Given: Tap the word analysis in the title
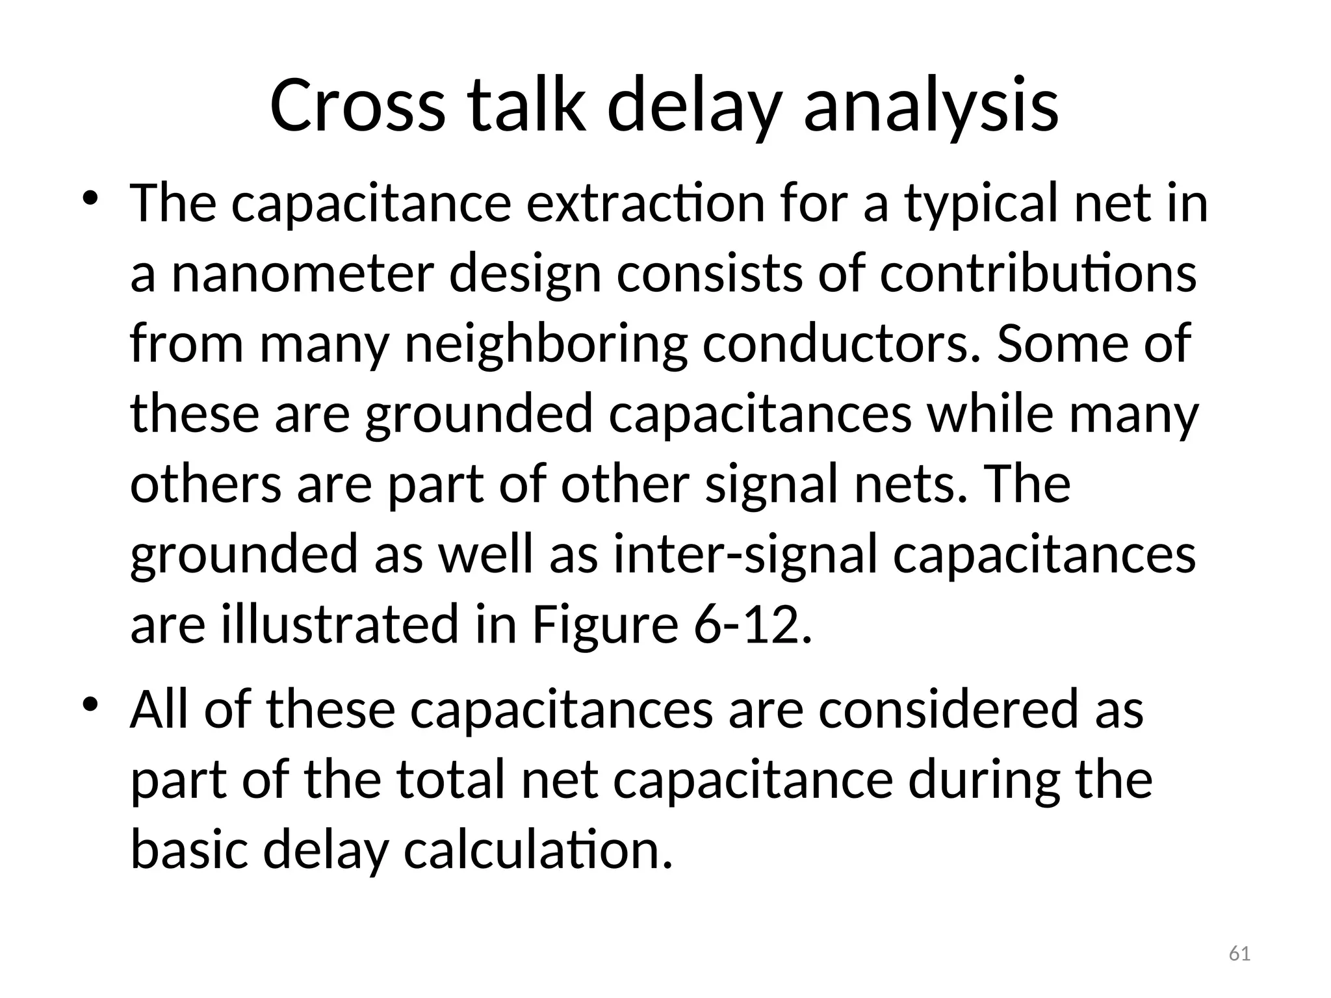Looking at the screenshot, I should [931, 105].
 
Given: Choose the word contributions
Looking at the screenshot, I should [1038, 274].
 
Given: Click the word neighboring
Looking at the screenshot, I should [545, 344].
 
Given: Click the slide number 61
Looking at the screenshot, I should [1239, 954].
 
